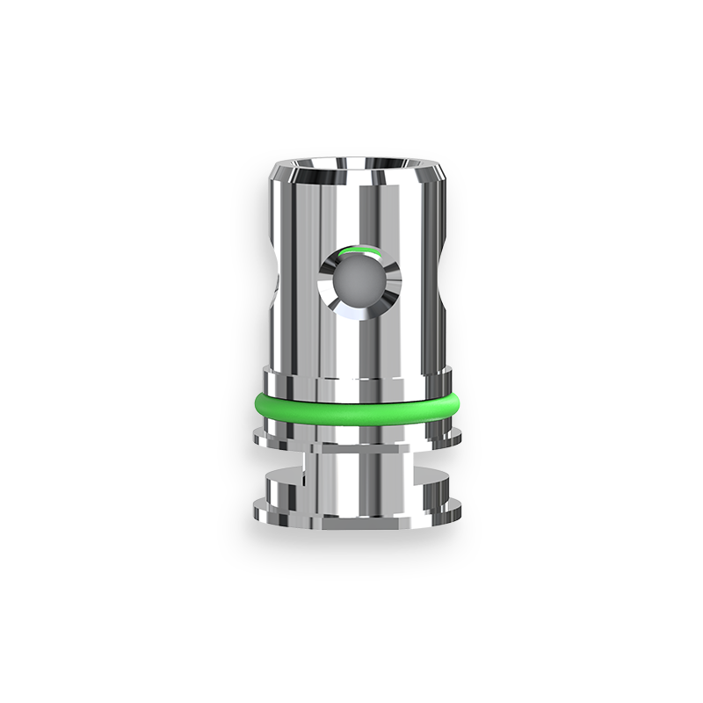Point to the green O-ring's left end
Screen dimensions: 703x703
click(256, 406)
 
